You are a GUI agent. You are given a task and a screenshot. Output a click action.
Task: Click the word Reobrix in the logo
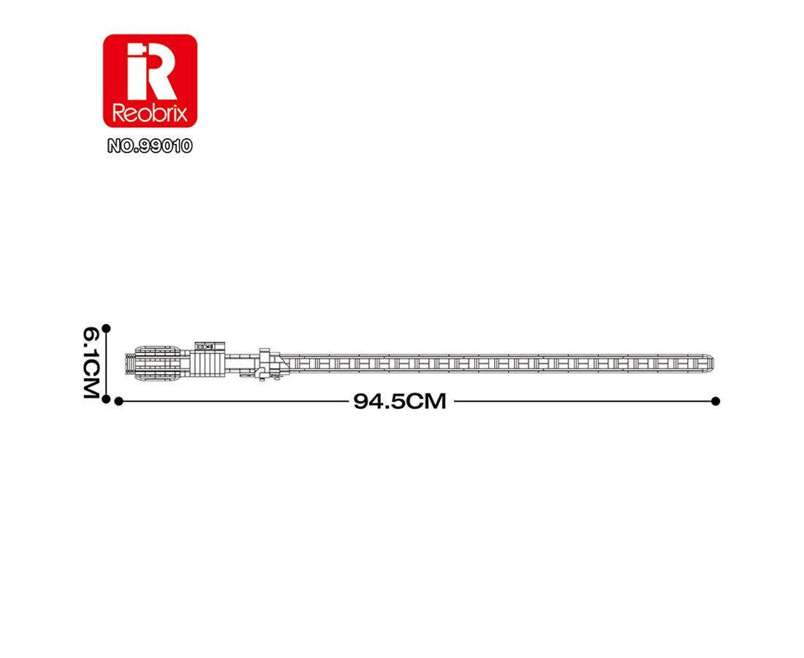click(x=150, y=113)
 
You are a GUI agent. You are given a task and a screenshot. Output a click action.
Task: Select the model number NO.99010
click(x=150, y=146)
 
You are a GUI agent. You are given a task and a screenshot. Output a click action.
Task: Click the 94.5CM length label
click(x=400, y=401)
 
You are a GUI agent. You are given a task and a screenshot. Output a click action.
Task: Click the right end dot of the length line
click(x=716, y=401)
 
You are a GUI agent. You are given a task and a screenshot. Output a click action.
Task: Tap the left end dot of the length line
click(x=119, y=401)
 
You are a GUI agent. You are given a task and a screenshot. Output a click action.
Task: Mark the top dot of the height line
click(x=106, y=328)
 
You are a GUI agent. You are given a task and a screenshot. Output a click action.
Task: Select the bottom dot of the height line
click(x=106, y=399)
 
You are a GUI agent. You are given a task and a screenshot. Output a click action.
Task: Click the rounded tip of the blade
click(x=710, y=363)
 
